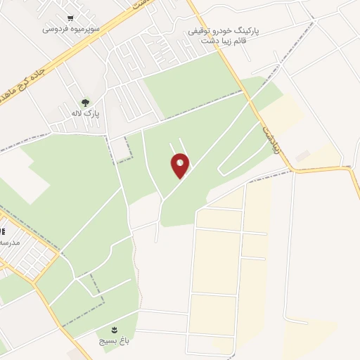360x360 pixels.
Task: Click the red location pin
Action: click(180, 165)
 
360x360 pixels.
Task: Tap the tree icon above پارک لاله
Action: click(86, 102)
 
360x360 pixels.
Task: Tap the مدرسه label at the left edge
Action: click(10, 242)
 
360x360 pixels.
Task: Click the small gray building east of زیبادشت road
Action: click(302, 156)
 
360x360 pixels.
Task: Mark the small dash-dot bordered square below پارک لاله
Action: click(122, 150)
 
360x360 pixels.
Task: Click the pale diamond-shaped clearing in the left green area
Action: click(25, 176)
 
